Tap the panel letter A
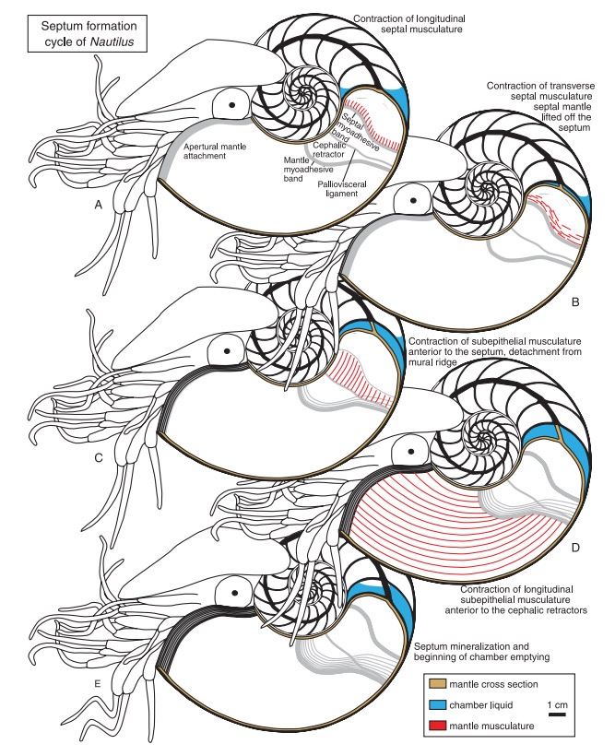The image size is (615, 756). (x=99, y=205)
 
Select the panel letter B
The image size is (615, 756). (x=575, y=302)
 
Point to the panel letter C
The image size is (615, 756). (x=99, y=457)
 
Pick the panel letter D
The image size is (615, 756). (x=575, y=548)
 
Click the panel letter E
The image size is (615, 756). (x=98, y=683)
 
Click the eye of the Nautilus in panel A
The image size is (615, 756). (x=232, y=104)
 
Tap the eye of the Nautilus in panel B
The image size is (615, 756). (x=413, y=200)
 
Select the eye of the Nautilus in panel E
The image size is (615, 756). (x=234, y=593)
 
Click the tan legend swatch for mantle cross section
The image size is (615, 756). (x=437, y=684)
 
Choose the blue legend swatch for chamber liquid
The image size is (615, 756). (x=437, y=705)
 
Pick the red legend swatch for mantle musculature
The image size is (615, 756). (x=437, y=726)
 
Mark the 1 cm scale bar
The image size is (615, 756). (x=557, y=714)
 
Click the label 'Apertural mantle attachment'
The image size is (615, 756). (x=215, y=151)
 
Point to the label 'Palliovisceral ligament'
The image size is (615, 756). (x=342, y=188)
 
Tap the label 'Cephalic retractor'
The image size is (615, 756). (x=329, y=149)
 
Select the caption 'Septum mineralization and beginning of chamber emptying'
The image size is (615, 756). (x=481, y=652)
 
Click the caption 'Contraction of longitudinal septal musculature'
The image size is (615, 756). (x=409, y=24)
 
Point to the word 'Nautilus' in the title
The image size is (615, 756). (x=112, y=41)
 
